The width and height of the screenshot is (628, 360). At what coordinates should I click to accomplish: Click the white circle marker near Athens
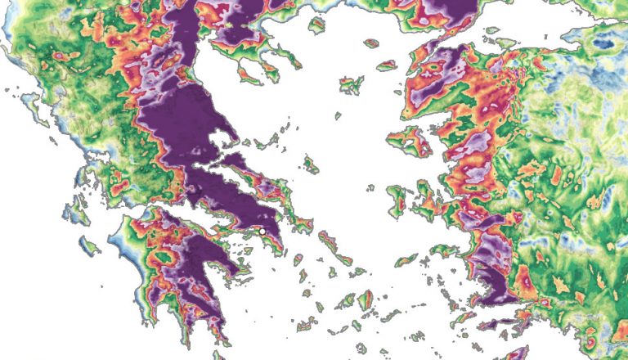(x=262, y=232)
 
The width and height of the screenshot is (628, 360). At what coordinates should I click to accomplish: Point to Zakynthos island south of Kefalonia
(x=89, y=245)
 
